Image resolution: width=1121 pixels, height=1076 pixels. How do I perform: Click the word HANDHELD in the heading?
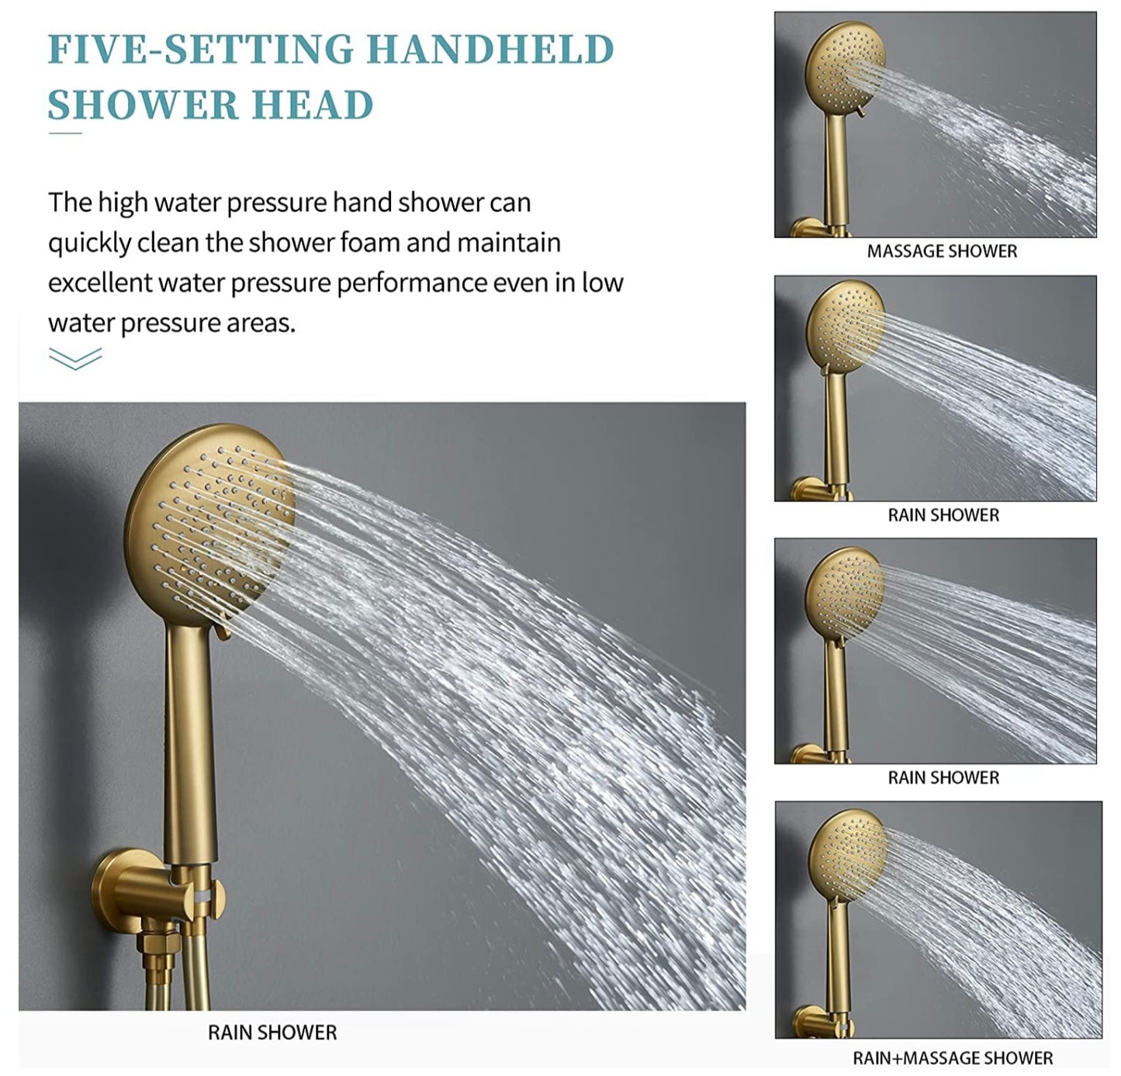pos(490,49)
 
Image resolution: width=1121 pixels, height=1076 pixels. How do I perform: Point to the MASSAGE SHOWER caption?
pos(942,251)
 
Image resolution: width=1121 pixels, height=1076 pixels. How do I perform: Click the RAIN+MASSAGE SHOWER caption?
pos(953,1058)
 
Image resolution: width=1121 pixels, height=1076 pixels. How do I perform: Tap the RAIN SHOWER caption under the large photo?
pos(272,1033)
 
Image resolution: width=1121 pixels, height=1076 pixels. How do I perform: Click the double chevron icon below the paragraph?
pos(75,358)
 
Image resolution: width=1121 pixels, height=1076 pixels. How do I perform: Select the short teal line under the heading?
pos(65,133)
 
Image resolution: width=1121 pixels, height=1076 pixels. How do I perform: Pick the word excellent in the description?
pos(99,283)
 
